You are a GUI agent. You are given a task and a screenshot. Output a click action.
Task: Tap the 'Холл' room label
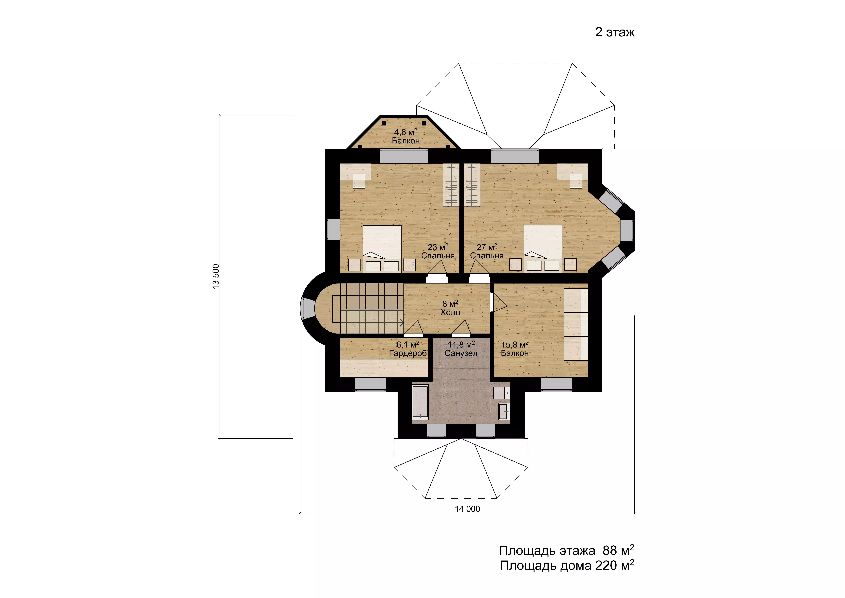[450, 312]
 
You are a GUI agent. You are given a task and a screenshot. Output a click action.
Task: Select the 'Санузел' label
[461, 353]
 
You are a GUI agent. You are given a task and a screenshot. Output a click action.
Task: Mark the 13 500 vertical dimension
[216, 276]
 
